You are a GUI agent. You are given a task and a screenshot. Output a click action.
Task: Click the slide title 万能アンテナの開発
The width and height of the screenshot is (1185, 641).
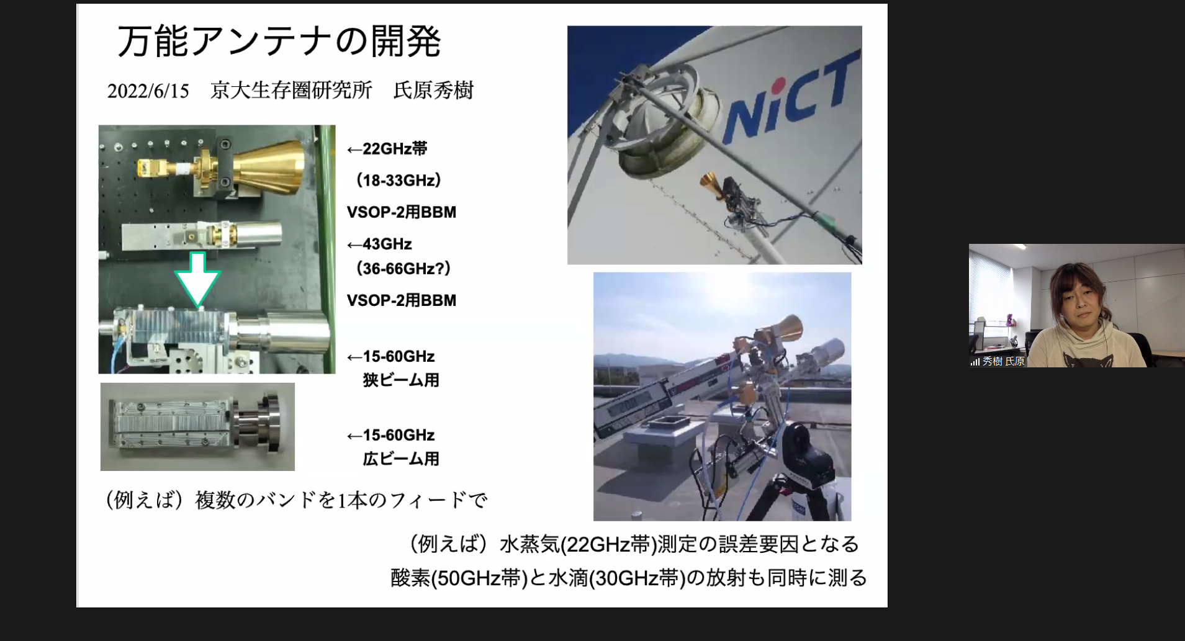point(279,42)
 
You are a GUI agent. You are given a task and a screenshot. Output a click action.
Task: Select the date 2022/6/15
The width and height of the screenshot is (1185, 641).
point(148,91)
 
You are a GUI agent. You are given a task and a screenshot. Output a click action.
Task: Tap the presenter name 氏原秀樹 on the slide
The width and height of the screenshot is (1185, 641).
point(434,91)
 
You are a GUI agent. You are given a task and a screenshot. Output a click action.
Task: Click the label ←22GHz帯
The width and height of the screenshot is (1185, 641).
point(387,149)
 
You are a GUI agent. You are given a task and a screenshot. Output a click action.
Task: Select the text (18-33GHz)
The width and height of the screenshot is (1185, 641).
point(398,181)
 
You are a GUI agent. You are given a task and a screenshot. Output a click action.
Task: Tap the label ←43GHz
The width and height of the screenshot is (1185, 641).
point(379,244)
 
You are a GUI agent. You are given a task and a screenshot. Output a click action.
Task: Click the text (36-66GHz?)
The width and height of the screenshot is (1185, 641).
point(403,269)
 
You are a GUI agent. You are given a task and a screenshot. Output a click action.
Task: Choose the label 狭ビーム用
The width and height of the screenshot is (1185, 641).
point(401,380)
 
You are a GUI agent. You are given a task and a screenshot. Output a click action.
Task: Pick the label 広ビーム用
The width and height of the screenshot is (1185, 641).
point(401,459)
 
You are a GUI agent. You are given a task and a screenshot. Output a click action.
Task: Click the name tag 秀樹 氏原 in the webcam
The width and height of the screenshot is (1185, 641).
point(1003,361)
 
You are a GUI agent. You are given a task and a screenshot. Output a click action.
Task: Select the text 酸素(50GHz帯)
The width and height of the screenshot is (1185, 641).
point(459,578)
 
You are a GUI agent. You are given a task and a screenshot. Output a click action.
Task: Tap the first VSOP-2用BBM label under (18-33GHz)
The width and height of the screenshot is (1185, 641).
point(402,212)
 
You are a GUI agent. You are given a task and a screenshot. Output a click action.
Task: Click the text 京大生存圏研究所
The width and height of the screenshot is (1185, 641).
point(291,91)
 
